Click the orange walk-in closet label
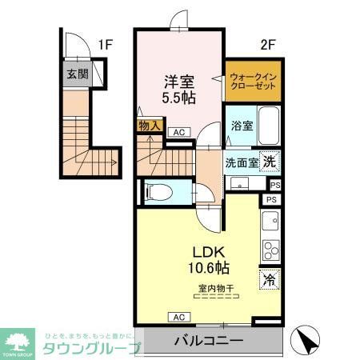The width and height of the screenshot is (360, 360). click(252, 82)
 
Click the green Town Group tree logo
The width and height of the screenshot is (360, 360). click(18, 340)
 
